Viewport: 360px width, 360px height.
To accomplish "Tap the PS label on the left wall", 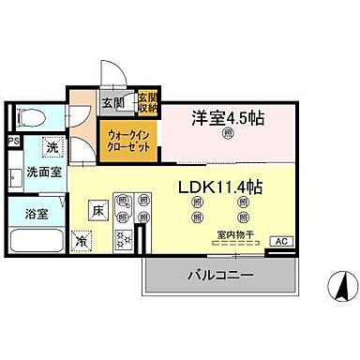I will coord(12,142).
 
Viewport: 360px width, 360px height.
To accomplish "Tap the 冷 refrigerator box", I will coord(82,240).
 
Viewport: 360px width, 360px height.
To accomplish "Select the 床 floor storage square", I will coord(97,211).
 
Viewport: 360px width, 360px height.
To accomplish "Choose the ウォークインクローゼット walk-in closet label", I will coord(124,139).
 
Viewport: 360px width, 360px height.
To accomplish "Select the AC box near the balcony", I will coord(278,241).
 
